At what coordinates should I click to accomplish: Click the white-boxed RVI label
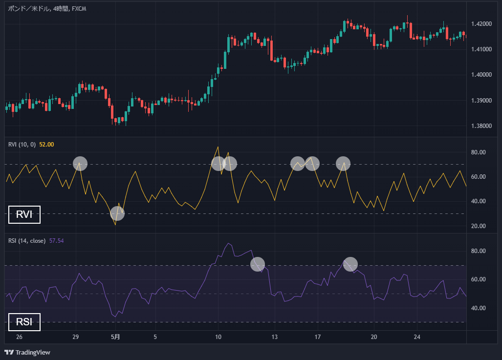[24, 215]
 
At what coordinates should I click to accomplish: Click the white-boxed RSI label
[24, 322]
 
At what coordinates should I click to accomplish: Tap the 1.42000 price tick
[482, 24]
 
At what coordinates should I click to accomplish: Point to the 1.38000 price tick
[482, 126]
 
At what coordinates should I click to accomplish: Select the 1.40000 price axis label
[482, 75]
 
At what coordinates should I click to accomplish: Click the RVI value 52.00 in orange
[46, 144]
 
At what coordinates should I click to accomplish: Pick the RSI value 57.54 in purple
[57, 241]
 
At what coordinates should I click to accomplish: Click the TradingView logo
[27, 352]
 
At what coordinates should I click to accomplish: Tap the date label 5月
[115, 337]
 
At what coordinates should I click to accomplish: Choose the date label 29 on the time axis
[76, 337]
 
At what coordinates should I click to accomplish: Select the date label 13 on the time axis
[275, 337]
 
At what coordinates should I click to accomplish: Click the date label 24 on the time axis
[417, 337]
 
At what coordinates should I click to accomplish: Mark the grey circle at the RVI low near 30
[117, 213]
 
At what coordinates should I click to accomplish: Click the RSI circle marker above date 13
[258, 264]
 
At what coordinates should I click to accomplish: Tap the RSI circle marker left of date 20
[350, 264]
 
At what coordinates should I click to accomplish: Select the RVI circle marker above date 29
[80, 164]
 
